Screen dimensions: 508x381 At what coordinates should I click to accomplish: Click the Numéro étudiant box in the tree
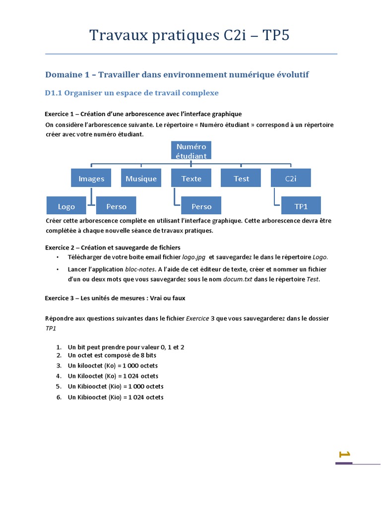(x=191, y=150)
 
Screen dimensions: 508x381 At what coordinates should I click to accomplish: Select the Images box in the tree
(x=91, y=179)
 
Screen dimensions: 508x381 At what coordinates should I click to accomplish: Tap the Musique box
(x=141, y=179)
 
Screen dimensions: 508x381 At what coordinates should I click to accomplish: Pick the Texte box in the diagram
(x=191, y=179)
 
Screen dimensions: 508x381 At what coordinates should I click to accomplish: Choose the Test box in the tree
(x=241, y=179)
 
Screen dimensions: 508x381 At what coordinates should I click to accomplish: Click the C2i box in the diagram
(x=291, y=179)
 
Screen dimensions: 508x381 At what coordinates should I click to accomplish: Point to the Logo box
(x=66, y=206)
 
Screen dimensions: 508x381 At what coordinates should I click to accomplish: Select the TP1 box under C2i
(x=301, y=206)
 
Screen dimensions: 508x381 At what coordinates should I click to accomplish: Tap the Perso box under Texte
(x=201, y=206)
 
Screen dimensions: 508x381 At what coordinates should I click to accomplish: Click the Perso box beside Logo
(x=116, y=206)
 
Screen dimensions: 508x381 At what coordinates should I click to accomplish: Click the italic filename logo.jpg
(x=194, y=257)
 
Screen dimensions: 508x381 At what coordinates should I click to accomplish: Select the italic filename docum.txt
(x=238, y=279)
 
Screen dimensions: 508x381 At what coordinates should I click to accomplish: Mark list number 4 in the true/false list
(x=59, y=376)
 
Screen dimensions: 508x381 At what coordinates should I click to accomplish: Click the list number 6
(x=59, y=397)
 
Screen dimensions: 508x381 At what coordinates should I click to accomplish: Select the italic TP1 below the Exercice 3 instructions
(x=51, y=328)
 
